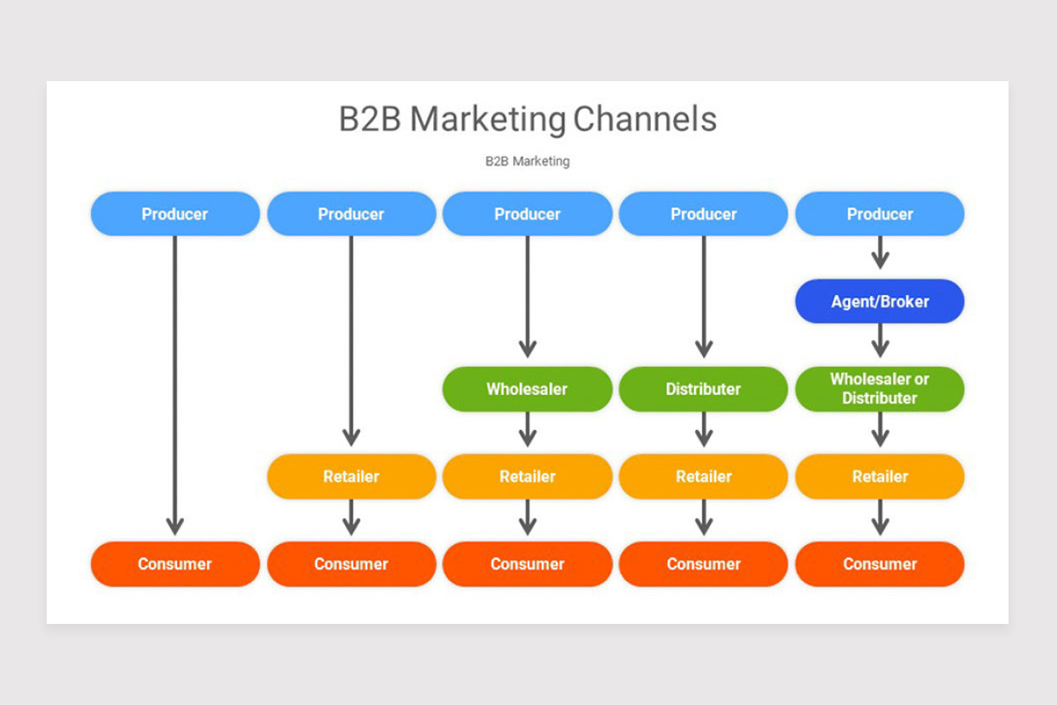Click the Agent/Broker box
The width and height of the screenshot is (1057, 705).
[x=879, y=301]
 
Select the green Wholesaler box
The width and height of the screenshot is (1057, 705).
[x=527, y=389]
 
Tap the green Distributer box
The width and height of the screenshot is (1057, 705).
[x=703, y=389]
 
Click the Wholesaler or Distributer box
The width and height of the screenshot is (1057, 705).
[x=879, y=389]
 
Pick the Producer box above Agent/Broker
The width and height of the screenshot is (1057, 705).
[x=879, y=214]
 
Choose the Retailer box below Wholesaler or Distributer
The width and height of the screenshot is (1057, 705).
[x=879, y=476]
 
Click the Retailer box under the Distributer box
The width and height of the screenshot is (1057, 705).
[x=703, y=476]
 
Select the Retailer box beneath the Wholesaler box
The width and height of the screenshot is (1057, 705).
[x=527, y=476]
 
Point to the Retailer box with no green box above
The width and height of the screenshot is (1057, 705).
[x=351, y=476]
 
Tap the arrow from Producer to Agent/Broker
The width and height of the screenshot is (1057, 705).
[x=879, y=254]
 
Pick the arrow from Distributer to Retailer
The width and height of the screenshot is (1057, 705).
[x=703, y=429]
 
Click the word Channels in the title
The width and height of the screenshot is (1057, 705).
[x=645, y=119]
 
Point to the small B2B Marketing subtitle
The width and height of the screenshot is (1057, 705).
[x=527, y=161]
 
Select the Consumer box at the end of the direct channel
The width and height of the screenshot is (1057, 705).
[x=174, y=564]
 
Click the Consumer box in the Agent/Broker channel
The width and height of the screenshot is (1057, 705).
[x=879, y=564]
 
